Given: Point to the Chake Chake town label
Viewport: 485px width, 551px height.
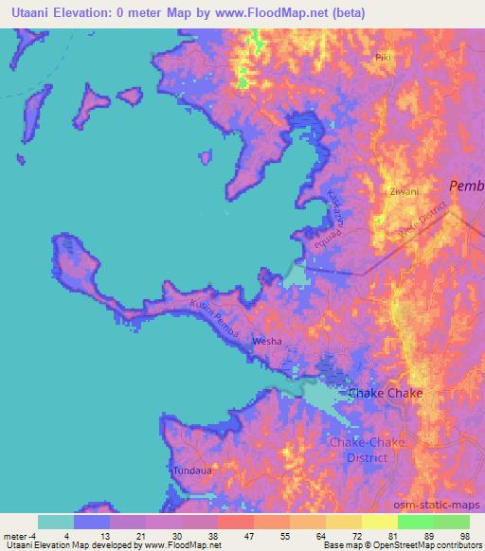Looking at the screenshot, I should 386,393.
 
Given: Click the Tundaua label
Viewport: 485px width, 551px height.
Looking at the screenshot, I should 187,470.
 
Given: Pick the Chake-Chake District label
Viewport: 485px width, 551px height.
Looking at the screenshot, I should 359,450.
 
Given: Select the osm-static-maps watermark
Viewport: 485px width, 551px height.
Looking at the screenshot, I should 443,505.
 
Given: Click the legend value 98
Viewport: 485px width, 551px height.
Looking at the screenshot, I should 463,534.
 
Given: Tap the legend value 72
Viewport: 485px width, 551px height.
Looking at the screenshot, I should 342,534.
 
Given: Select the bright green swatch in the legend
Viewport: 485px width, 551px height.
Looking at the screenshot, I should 415,521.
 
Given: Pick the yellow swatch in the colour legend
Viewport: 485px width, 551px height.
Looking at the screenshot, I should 379,521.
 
